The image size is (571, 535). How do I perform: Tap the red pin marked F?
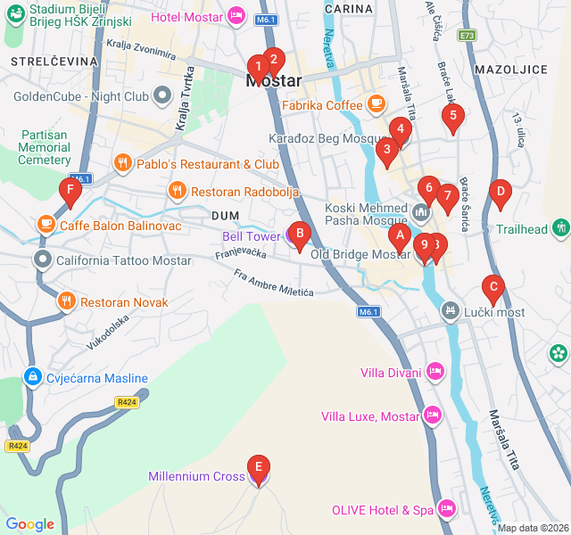[70, 190]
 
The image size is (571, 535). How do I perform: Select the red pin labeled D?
[501, 191]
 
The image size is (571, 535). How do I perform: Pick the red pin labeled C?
[492, 287]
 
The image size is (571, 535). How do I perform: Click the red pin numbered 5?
[453, 115]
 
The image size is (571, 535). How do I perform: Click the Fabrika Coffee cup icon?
[377, 105]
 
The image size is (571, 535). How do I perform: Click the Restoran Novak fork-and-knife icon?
[66, 302]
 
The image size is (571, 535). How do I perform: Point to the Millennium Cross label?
[196, 477]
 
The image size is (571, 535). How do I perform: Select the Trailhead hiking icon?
[560, 229]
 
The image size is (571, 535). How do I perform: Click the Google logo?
[30, 524]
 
